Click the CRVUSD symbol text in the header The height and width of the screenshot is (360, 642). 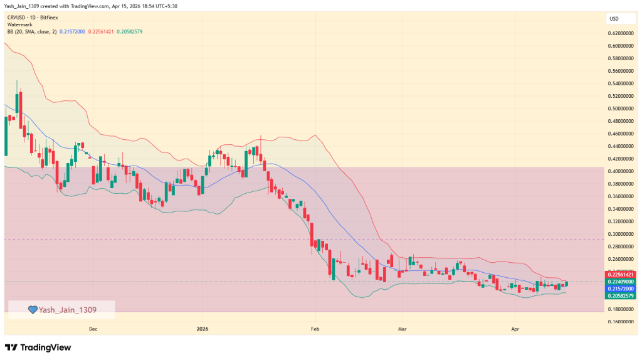(x=17, y=18)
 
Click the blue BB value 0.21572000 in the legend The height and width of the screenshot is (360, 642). (x=73, y=31)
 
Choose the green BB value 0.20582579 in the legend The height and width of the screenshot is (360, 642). (x=130, y=31)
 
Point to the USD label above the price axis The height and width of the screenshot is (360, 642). (x=613, y=19)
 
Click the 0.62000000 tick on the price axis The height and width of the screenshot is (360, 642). (x=621, y=33)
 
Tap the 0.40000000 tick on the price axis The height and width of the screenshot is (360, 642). (x=621, y=171)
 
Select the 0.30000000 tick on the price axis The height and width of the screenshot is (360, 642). (x=621, y=234)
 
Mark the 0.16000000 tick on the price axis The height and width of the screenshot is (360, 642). (x=621, y=322)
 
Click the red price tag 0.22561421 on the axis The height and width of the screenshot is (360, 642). (x=621, y=275)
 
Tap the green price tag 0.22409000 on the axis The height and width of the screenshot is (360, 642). (x=621, y=282)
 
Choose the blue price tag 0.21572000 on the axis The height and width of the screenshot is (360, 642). (x=621, y=289)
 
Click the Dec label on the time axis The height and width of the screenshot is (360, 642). (x=93, y=329)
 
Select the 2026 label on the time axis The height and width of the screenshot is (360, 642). (x=203, y=329)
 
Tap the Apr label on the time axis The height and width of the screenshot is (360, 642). (x=515, y=329)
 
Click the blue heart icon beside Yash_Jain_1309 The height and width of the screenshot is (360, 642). (x=32, y=309)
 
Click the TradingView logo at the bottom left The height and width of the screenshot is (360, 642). (x=38, y=347)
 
